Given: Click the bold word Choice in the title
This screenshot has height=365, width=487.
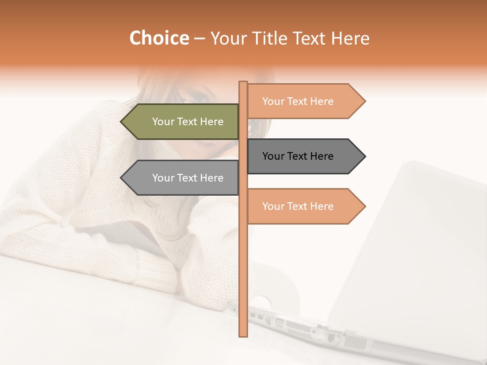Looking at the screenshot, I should tap(159, 38).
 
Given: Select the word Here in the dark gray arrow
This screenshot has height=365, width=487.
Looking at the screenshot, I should tap(321, 156).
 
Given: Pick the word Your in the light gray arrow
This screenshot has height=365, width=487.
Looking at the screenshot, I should tap(163, 178).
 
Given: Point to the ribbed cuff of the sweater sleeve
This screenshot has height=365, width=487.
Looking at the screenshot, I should tap(157, 274).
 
